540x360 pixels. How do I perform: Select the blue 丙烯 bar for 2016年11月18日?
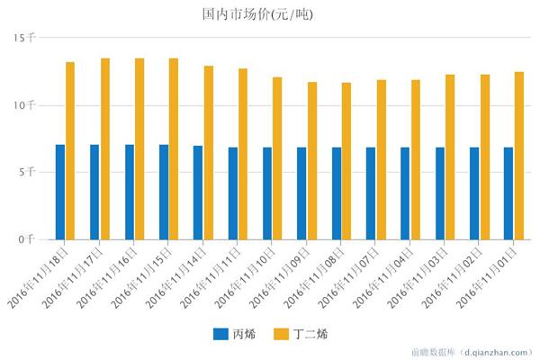coord(60,192)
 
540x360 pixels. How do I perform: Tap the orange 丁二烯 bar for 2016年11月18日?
coord(70,151)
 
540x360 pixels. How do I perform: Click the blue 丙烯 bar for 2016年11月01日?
coord(508,193)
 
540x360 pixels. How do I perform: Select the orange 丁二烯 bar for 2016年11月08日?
coord(346,161)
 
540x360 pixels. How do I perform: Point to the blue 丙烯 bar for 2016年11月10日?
coord(267,193)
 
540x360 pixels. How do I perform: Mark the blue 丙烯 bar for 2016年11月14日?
coord(198,193)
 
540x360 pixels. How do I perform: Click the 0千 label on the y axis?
coord(29,239)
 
